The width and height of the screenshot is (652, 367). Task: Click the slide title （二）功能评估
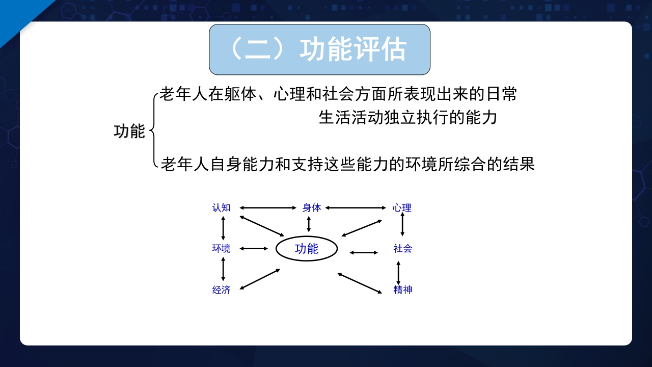[x=319, y=49]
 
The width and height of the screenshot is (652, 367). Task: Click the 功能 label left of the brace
[x=129, y=131]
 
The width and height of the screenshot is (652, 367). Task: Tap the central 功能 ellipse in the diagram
[x=307, y=249]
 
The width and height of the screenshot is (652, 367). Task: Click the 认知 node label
[x=222, y=207]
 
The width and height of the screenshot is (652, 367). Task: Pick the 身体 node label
[x=312, y=207]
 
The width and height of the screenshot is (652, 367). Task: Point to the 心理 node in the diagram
[x=402, y=207]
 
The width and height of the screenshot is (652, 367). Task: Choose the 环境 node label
[x=222, y=248]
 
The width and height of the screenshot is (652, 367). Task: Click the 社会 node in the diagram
[x=402, y=248]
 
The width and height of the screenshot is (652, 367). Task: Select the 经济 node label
[x=222, y=290]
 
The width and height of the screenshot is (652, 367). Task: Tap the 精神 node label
[x=402, y=290]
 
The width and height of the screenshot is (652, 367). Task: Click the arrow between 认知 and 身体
[x=267, y=207]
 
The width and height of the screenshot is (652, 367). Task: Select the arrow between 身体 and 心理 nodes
[x=356, y=207]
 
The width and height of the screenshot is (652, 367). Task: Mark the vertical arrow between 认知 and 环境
[x=223, y=228]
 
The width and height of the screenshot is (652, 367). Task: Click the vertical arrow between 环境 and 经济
[x=223, y=269]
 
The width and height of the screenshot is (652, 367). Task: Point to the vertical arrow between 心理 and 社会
[x=402, y=224]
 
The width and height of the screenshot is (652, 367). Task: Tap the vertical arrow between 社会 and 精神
[x=398, y=273]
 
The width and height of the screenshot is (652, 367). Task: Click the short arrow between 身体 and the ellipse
[x=309, y=224]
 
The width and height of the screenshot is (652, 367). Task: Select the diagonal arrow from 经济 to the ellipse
[x=260, y=279]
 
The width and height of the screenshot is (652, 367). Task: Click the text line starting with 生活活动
[x=407, y=118]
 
